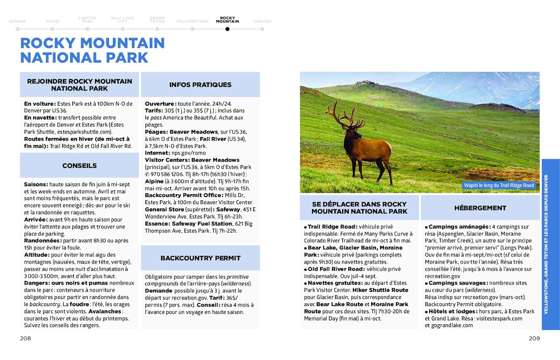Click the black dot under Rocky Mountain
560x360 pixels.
[x=227, y=29]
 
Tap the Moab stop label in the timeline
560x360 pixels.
[x=53, y=22]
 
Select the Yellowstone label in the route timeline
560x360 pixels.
[x=192, y=22]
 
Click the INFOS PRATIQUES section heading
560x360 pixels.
[x=200, y=85]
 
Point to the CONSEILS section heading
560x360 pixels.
[x=80, y=166]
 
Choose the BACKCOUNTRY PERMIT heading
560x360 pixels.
[x=200, y=258]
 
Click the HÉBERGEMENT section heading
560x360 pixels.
[x=480, y=208]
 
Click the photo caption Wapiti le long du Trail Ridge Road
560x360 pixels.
[x=499, y=185]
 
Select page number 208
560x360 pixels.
[x=25, y=338]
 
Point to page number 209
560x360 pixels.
[x=534, y=338]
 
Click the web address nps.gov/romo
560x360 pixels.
[x=189, y=153]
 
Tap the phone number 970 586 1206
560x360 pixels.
[x=167, y=174]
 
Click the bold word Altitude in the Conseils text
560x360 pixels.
[x=37, y=255]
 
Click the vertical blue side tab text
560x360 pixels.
[x=546, y=245]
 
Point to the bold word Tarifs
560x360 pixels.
[x=154, y=111]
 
